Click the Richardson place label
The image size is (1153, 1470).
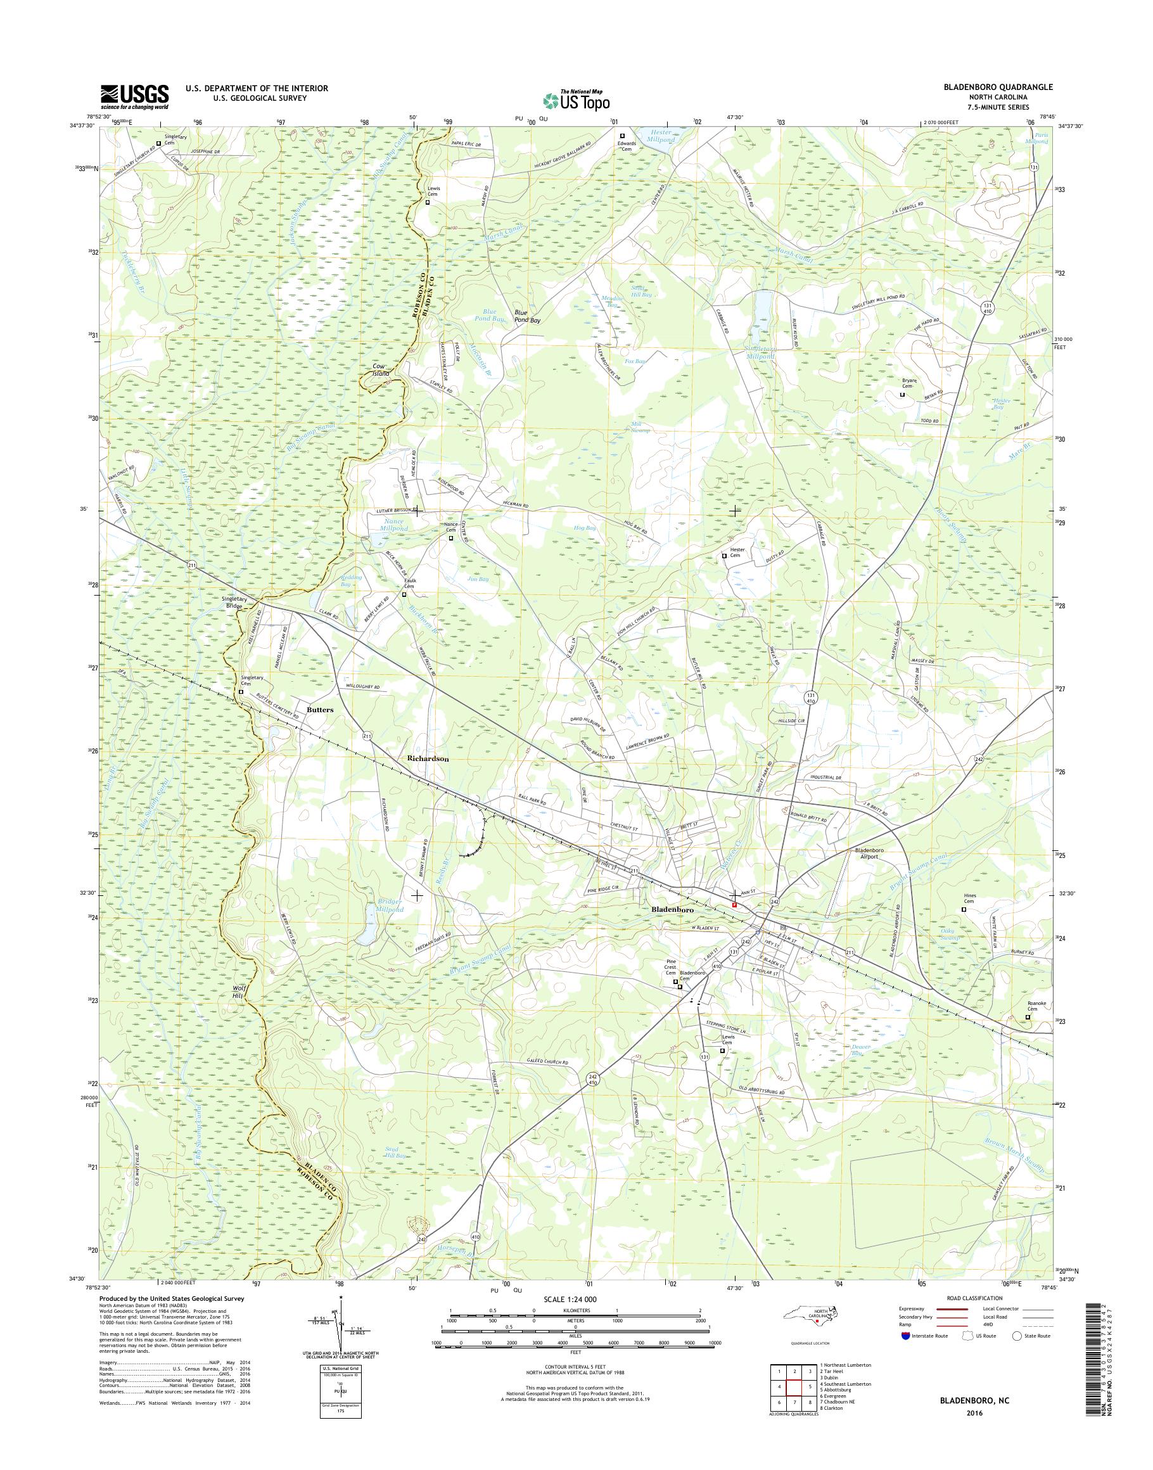tap(428, 758)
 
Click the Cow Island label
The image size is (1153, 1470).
tap(384, 371)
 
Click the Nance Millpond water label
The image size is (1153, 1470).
tap(394, 525)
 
